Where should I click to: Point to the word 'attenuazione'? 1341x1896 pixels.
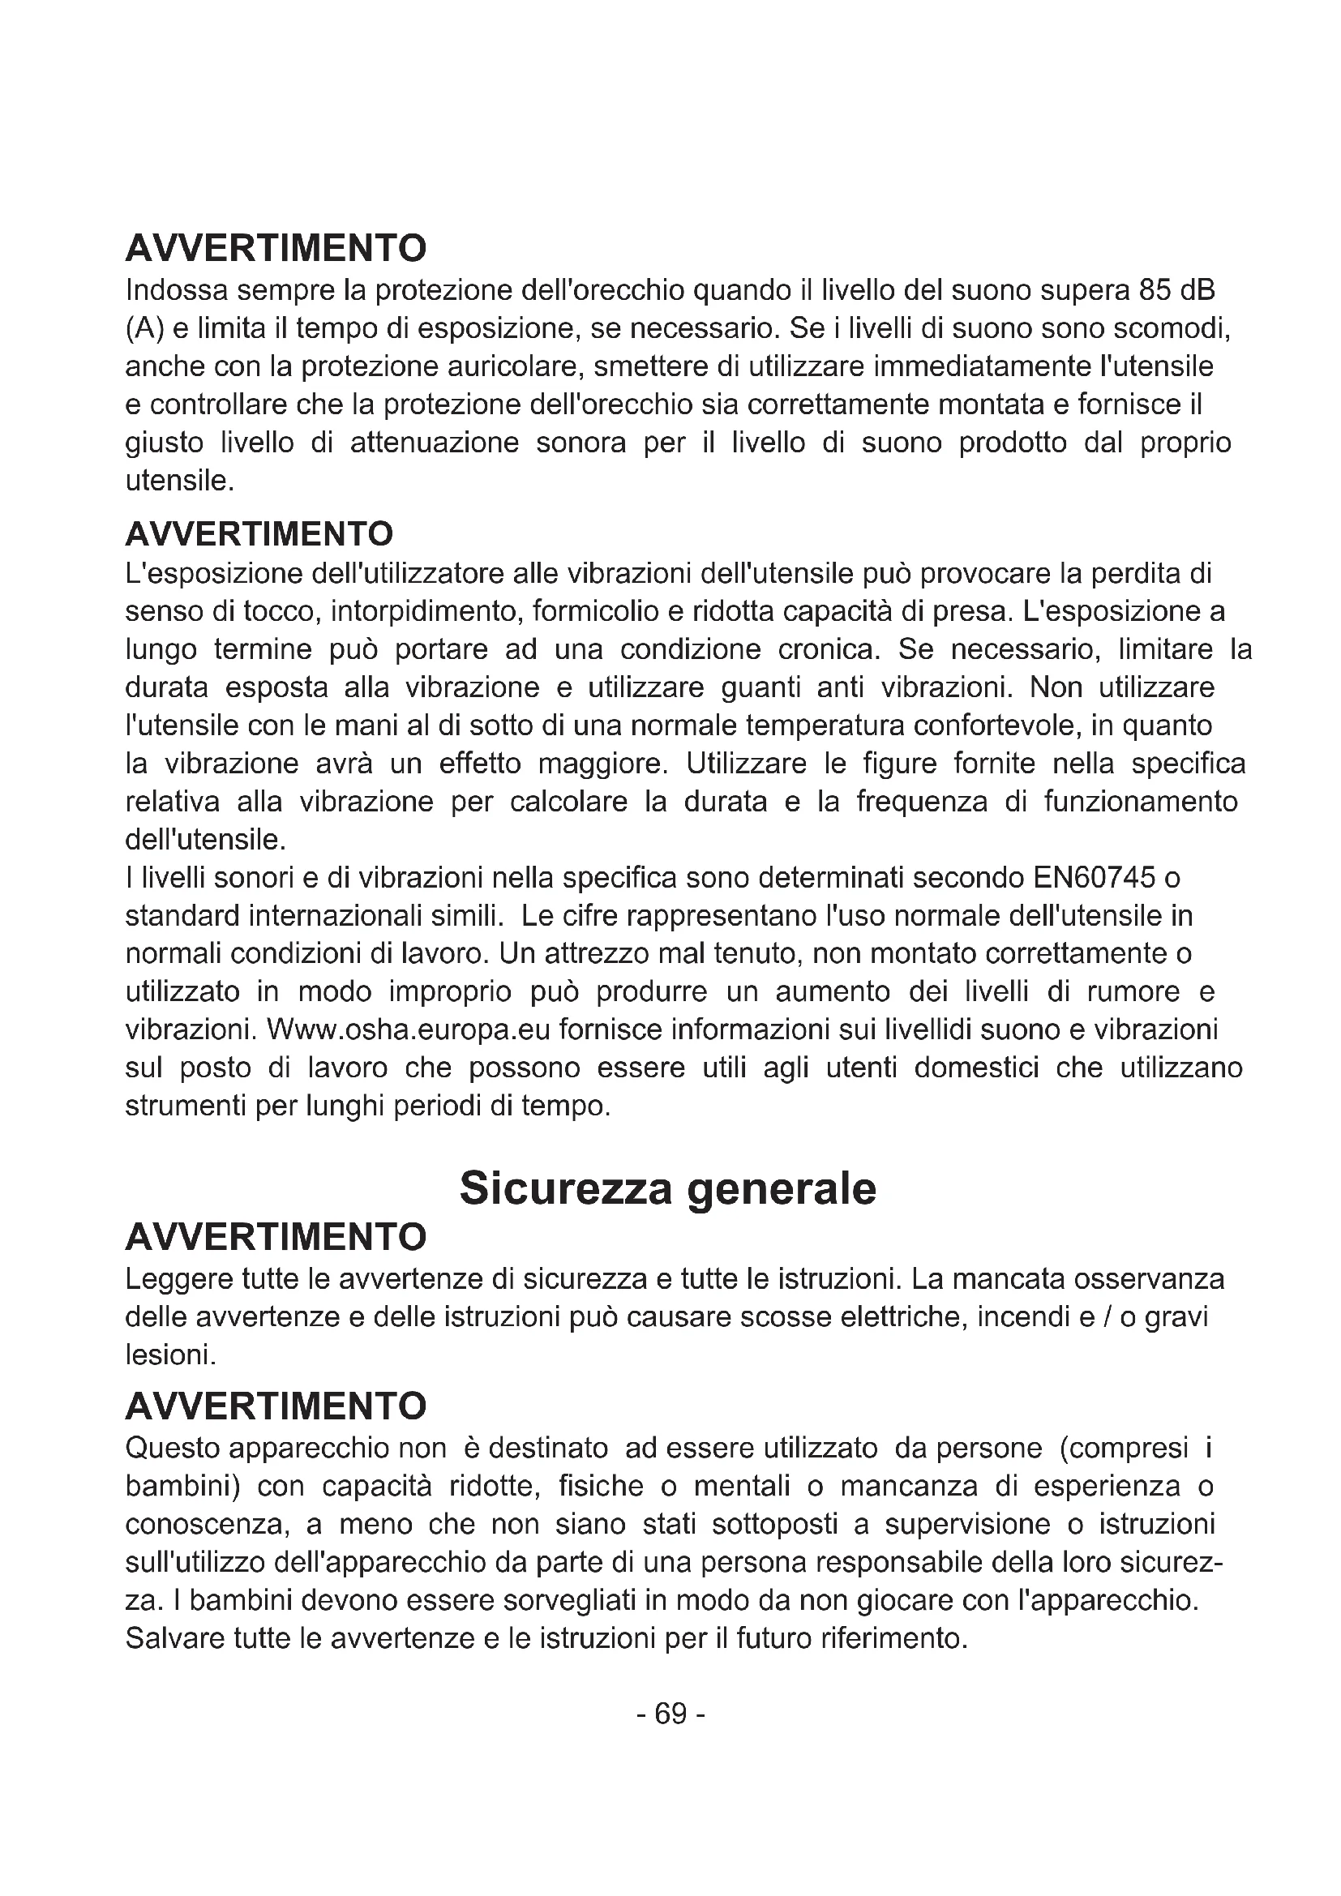pyautogui.click(x=435, y=443)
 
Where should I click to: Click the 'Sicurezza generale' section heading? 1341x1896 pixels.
pyautogui.click(x=667, y=1188)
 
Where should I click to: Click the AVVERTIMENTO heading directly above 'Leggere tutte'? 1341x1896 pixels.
pyautogui.click(x=276, y=1237)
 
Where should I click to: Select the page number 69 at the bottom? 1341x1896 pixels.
pyautogui.click(x=670, y=1714)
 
